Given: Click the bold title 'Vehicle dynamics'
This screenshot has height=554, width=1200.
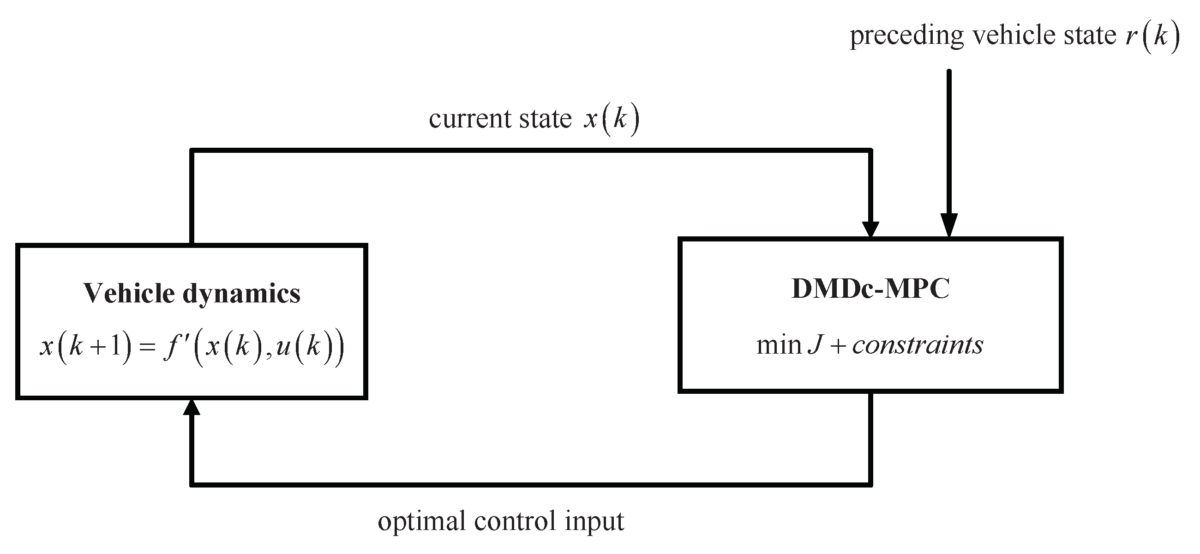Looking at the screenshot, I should (192, 293).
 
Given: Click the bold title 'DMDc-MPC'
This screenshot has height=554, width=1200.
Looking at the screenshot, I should (870, 289).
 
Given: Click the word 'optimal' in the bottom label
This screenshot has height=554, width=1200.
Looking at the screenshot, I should (421, 521).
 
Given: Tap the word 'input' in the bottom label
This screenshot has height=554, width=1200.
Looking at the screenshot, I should (594, 521).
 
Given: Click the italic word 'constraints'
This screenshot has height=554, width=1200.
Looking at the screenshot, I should (917, 345).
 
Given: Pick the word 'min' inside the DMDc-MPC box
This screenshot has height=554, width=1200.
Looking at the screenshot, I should (779, 345).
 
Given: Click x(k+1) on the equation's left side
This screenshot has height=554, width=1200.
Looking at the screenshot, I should (86, 348).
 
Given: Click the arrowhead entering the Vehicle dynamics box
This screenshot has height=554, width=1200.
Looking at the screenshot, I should (192, 408).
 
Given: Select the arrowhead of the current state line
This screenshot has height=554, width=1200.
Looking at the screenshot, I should (870, 229).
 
